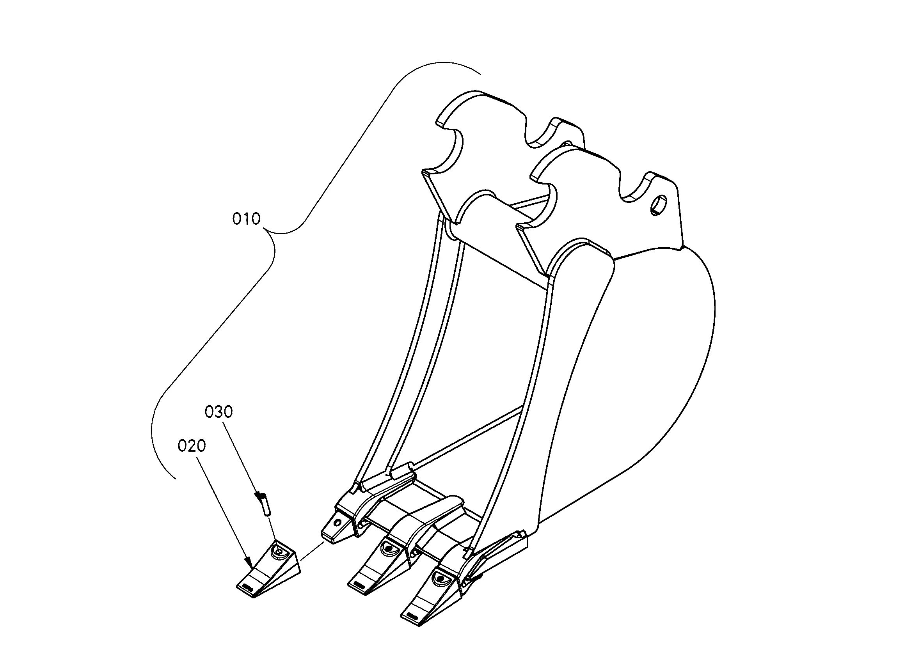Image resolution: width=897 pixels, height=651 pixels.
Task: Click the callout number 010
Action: [x=246, y=219]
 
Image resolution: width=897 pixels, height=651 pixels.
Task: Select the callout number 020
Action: [x=192, y=446]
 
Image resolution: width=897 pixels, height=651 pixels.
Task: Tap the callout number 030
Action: [x=218, y=412]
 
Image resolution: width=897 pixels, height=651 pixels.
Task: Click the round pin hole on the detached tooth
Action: [x=280, y=551]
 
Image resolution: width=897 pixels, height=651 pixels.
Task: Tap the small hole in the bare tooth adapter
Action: [x=337, y=522]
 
